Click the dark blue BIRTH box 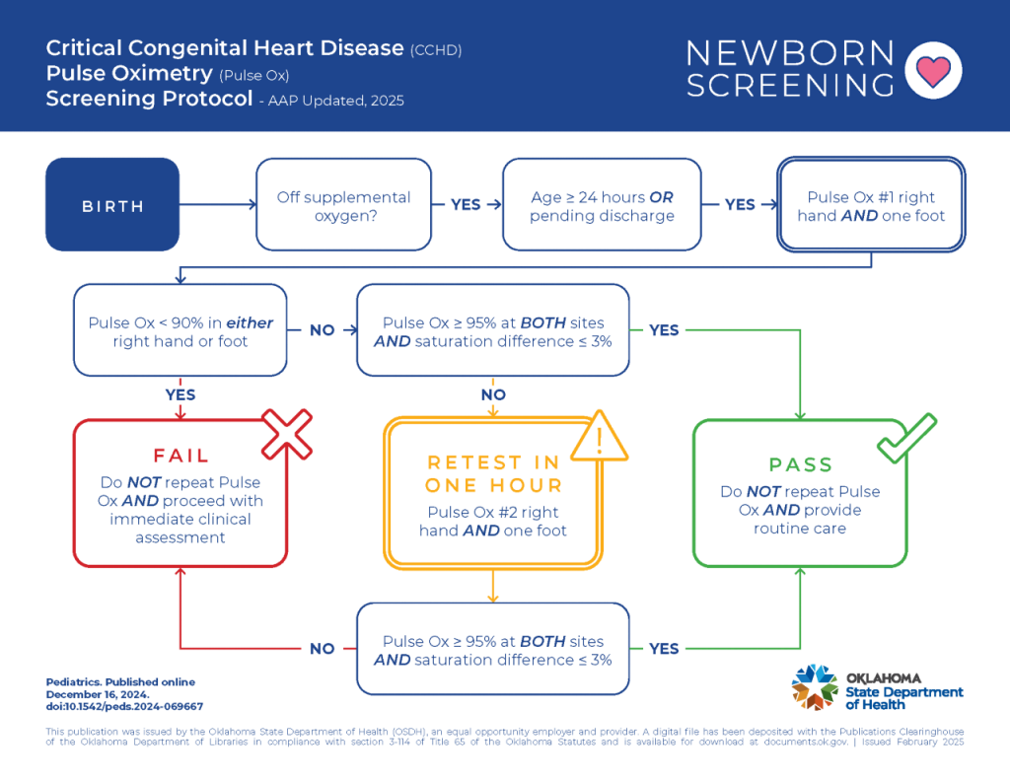pos(112,205)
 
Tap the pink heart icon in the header pos(932,71)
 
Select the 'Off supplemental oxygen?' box pos(343,206)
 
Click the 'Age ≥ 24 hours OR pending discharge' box pos(602,206)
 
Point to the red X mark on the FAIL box pos(285,434)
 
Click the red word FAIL pos(180,456)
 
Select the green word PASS pos(800,464)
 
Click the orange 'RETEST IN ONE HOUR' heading pos(492,473)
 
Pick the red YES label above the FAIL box pos(180,394)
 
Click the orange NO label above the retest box pos(493,394)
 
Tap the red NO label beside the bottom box pos(323,649)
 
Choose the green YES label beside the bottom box pos(664,649)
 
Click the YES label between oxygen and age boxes pos(466,205)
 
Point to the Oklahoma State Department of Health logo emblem pos(815,687)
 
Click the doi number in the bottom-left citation pos(124,706)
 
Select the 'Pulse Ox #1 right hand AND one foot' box pos(871,206)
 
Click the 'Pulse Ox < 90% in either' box pos(180,331)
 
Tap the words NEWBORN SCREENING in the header pos(789,69)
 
